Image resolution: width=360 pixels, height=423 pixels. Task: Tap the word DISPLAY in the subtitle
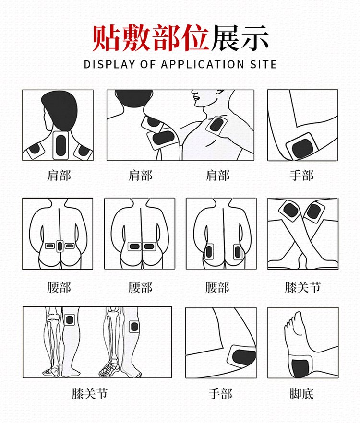[x=107, y=64]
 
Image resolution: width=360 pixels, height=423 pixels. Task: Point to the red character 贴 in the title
[x=107, y=37]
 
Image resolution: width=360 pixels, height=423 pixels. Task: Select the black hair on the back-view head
[x=60, y=108]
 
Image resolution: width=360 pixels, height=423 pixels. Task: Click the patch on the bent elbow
[x=302, y=146]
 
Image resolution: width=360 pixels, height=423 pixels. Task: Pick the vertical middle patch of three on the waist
[x=60, y=246]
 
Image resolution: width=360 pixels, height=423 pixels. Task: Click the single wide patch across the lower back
[x=140, y=247]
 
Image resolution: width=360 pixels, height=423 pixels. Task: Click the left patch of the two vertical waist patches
[x=209, y=250]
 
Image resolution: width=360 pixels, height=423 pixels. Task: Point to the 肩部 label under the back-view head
[x=59, y=175]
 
